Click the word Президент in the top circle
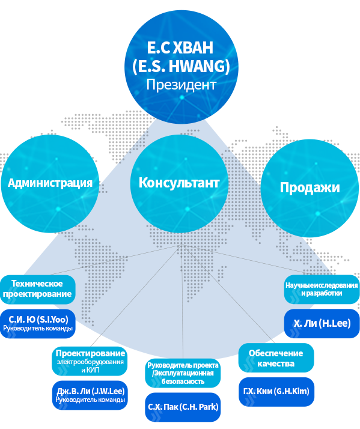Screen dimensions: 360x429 point(182,85)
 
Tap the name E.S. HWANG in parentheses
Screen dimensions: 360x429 point(182,66)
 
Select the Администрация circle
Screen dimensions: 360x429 point(50,184)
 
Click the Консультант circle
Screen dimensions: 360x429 point(179,184)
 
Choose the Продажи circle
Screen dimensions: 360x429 point(310,188)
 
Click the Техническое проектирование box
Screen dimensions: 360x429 point(37,290)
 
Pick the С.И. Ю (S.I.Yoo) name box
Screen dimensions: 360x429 point(37,324)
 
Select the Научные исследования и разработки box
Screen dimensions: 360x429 point(322,290)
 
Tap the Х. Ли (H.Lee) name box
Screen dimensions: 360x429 point(322,323)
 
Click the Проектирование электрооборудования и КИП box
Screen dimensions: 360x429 point(90,361)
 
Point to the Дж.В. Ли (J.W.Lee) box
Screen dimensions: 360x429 point(90,395)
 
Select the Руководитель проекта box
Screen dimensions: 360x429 point(183,373)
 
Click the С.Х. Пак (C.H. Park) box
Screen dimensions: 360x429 point(183,407)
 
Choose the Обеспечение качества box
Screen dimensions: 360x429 point(276,358)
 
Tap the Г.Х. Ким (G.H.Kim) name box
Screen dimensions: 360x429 point(276,392)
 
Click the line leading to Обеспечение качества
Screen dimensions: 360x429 point(228,294)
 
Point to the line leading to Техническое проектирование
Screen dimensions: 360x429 point(116,260)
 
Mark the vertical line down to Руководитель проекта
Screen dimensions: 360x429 point(182,302)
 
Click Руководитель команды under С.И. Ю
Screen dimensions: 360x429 point(38,328)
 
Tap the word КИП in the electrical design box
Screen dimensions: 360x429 point(94,370)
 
